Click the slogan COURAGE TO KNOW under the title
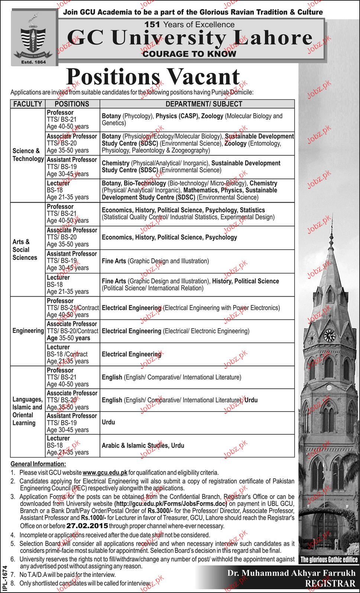pos(189,54)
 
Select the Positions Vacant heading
pos(152,77)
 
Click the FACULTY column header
pos(28,104)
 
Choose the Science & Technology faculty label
pos(28,155)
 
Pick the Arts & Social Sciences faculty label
pos(25,249)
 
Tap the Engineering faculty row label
pos(28,331)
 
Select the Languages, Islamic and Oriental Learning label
pos(27,411)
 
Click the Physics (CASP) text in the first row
pos(177,116)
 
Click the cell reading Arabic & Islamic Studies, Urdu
pos(143,445)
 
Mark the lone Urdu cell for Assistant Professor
pos(108,422)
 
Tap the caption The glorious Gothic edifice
pos(329,560)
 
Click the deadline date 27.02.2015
pos(87,526)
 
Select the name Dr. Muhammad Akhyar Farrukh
pos(291,574)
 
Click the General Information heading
pos(38,464)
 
